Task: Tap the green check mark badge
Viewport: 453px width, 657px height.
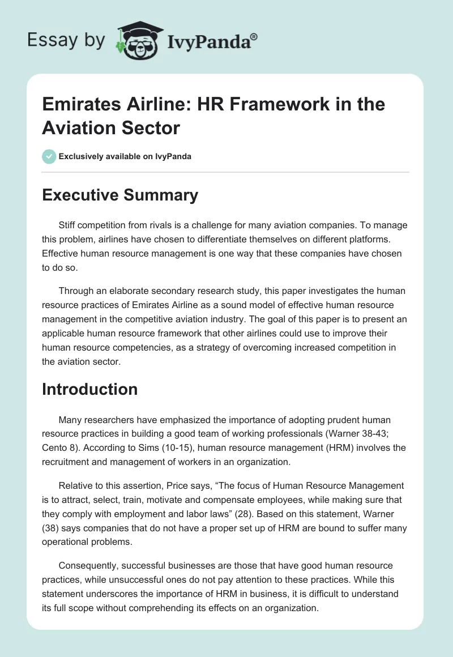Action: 49,156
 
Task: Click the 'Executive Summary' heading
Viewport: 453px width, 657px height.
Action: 120,195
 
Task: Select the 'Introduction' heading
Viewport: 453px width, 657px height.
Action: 89,389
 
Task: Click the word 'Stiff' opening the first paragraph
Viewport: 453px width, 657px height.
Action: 68,225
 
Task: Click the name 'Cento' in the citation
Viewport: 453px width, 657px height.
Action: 54,449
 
